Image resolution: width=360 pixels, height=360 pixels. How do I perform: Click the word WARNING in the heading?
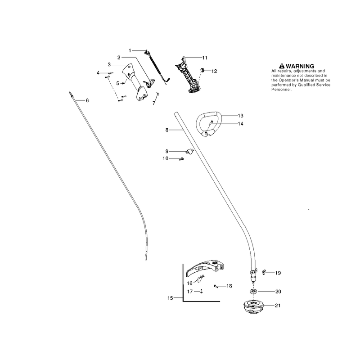coord(300,66)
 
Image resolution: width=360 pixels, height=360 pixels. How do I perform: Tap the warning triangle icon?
coord(282,66)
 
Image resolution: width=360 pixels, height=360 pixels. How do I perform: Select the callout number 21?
coord(278,306)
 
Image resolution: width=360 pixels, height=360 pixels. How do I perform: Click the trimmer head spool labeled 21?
coord(253,306)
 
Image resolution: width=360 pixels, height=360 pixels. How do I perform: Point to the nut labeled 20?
coord(253,292)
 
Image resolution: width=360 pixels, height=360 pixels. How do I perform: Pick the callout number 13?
coord(240,116)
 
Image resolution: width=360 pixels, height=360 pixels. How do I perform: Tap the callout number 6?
coord(87,100)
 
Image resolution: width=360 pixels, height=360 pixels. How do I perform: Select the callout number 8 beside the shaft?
coord(167,130)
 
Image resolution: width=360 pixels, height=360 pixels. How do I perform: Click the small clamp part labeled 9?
coord(189,152)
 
